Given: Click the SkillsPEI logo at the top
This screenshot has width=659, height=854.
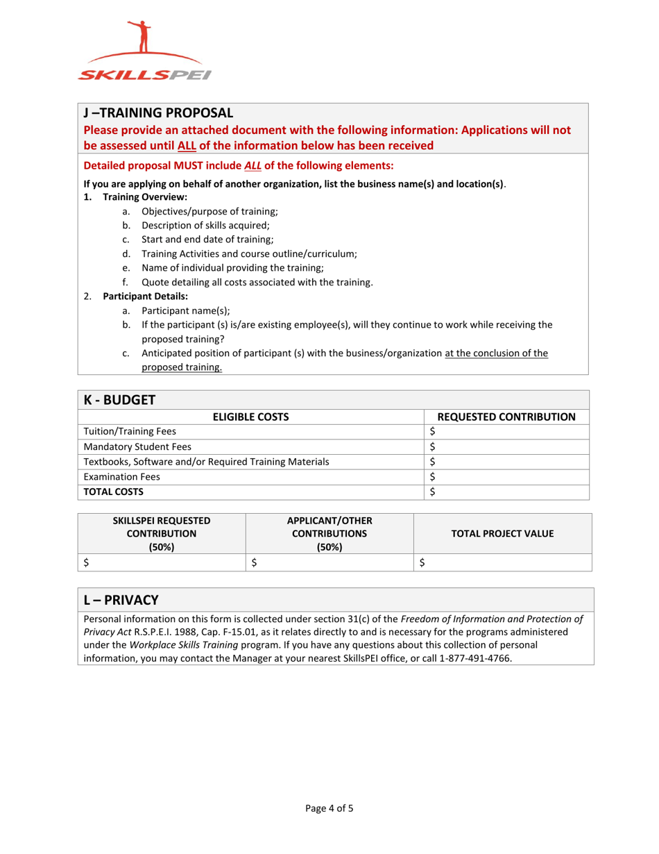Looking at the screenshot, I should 144,52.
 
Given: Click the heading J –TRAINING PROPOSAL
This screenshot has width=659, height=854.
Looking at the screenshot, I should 158,112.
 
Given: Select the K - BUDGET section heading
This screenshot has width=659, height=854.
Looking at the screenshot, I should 119,399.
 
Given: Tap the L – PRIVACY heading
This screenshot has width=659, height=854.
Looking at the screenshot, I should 121,598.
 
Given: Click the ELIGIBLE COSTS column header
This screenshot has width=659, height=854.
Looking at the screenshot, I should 250,417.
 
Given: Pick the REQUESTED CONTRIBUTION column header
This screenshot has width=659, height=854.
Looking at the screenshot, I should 506,417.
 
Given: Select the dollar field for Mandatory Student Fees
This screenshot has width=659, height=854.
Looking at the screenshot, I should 506,446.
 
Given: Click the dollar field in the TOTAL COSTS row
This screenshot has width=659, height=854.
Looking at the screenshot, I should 506,492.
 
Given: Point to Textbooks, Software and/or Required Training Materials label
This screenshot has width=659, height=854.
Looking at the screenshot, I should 206,461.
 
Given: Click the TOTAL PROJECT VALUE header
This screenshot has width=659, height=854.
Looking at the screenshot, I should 502,533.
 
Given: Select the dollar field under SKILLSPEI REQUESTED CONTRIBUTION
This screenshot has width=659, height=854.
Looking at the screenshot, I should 162,562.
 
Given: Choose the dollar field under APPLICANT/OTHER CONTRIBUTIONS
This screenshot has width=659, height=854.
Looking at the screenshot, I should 330,562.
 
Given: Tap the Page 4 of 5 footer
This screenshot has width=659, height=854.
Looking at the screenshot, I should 329,807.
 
